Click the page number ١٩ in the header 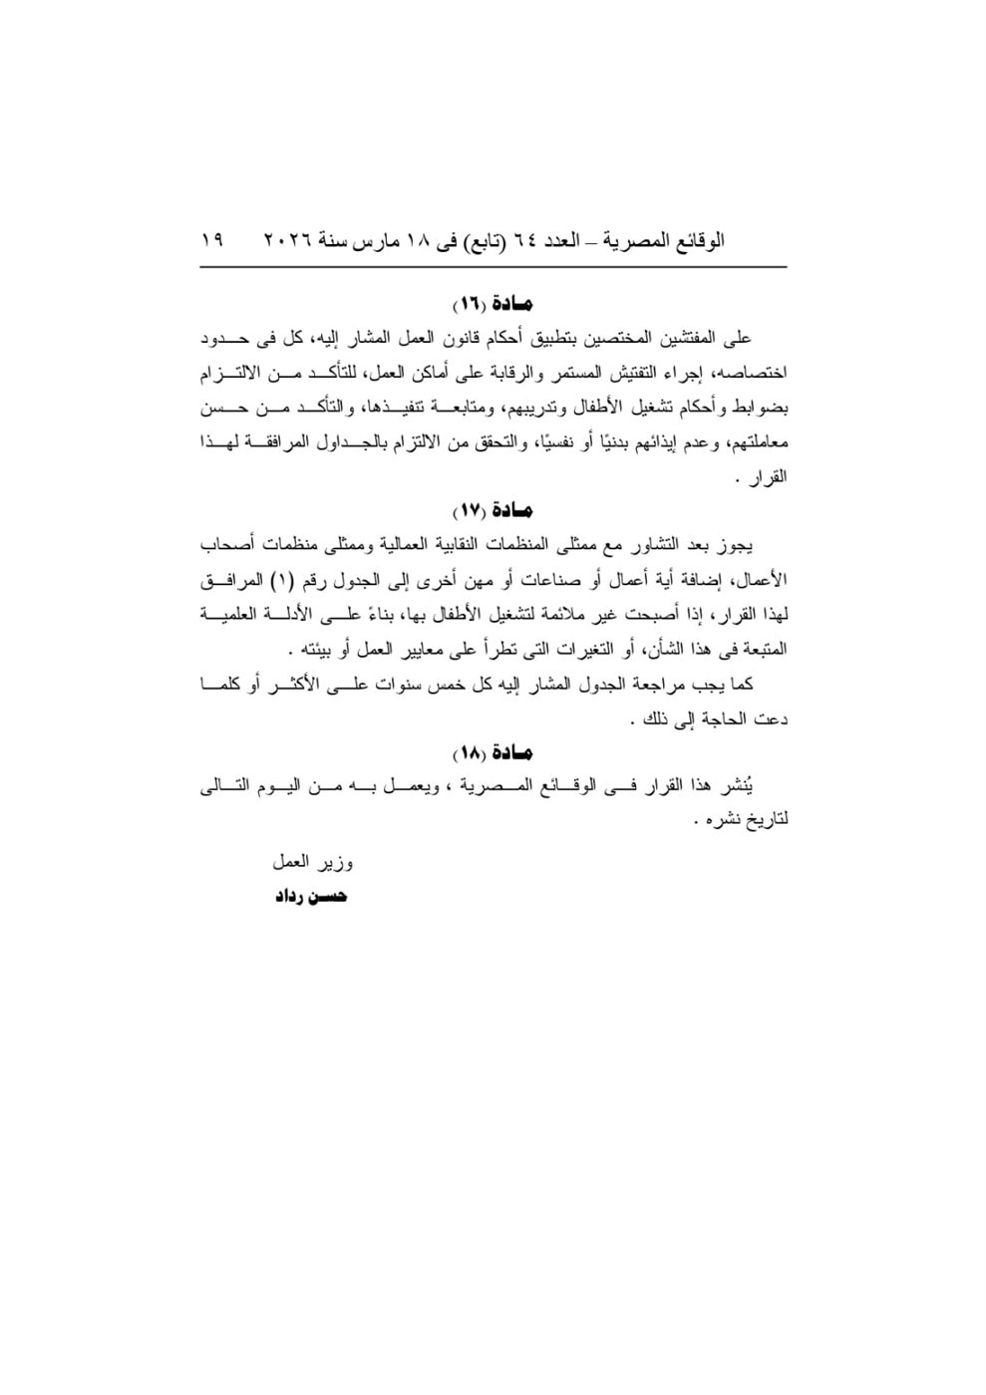(211, 241)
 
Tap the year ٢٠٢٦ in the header (288, 241)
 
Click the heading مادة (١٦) (493, 302)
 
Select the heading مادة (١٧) (493, 510)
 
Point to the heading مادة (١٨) (493, 752)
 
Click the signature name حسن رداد (311, 897)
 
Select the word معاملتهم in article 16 (759, 442)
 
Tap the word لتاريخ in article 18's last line (768, 822)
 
